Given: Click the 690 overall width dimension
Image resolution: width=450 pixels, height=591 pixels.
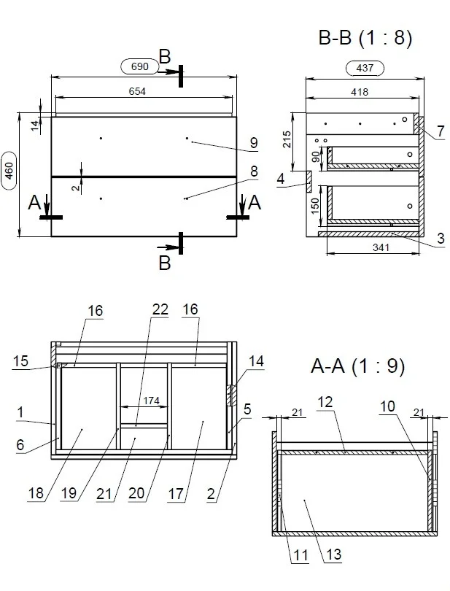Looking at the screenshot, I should [140, 66].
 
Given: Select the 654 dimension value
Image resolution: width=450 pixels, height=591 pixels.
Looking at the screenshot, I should [137, 91].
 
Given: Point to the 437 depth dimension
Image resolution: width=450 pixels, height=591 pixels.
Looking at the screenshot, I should [364, 69].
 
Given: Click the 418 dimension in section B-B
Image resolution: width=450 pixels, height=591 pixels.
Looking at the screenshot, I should [360, 92].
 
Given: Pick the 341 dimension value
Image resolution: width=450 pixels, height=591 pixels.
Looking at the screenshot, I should [381, 247].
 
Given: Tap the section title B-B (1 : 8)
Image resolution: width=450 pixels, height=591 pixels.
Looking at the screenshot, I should [365, 39].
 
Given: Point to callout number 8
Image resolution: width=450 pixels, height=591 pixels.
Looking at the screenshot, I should [254, 171].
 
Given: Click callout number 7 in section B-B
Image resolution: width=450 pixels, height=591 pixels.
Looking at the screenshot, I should [441, 131].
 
